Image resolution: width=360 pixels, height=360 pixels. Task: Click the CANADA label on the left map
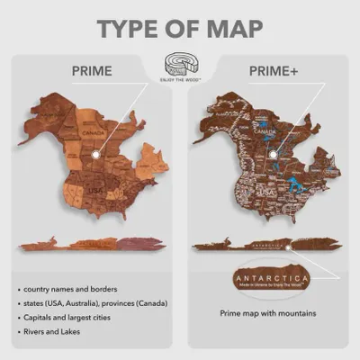click(x=94, y=136)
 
